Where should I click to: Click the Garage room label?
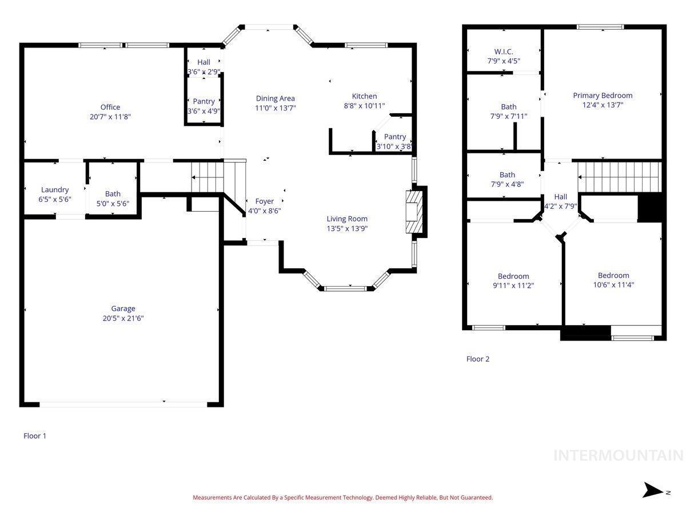[123, 308]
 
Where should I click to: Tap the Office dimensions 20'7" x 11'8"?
[110, 117]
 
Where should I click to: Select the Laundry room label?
[55, 190]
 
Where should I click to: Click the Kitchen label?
[364, 96]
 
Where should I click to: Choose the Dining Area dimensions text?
[275, 108]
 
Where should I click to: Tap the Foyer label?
[264, 201]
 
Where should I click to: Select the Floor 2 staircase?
[619, 177]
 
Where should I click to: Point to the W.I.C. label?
[504, 51]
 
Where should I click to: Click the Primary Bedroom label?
[602, 96]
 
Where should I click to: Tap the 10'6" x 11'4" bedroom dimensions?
[613, 284]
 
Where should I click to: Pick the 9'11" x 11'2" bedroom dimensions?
[513, 285]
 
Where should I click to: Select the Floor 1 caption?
[35, 435]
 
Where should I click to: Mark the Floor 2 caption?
[477, 359]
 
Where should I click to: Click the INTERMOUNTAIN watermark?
[618, 455]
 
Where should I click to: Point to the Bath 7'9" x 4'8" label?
[507, 180]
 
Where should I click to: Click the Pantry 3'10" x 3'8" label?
[394, 142]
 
